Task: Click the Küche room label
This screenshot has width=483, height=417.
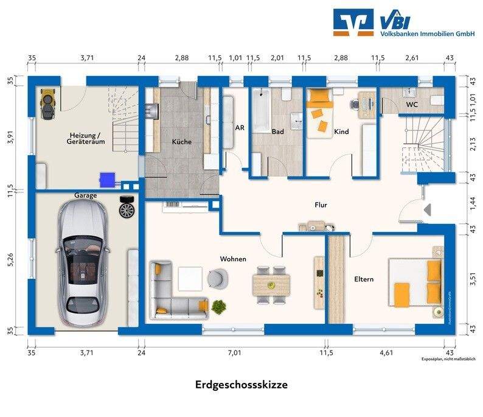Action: pos(182,142)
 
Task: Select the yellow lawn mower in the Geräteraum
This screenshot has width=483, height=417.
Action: pos(47,102)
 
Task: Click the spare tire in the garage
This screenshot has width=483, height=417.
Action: pos(127,208)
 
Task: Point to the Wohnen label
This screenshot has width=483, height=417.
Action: pos(233,259)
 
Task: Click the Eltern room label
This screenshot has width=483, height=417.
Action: pos(364,279)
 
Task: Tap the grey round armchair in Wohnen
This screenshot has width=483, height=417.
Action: pos(216,278)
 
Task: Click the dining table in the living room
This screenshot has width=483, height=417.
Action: pos(271,282)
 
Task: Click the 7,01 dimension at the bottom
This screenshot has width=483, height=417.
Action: pos(234,352)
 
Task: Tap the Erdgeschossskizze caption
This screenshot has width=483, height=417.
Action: pos(241,385)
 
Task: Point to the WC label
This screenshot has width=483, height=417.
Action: pos(412,105)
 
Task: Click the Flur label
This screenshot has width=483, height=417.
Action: pos(321,205)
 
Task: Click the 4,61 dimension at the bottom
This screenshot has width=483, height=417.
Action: pos(387,352)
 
